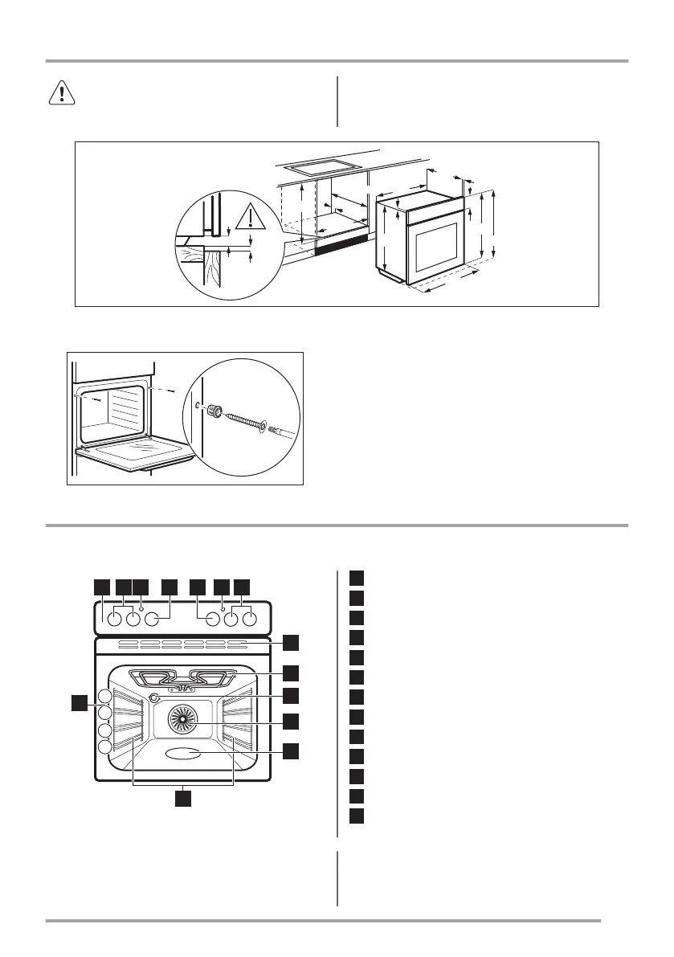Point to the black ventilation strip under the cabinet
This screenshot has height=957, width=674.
341,244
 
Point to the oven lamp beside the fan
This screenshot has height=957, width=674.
154,699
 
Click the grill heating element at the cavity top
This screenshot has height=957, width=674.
184,677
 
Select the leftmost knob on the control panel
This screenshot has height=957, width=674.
114,620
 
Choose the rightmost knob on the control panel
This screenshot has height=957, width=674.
250,620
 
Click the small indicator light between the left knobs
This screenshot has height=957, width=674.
142,610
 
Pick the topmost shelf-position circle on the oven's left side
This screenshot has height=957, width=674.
105,696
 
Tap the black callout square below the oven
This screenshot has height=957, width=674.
184,799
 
